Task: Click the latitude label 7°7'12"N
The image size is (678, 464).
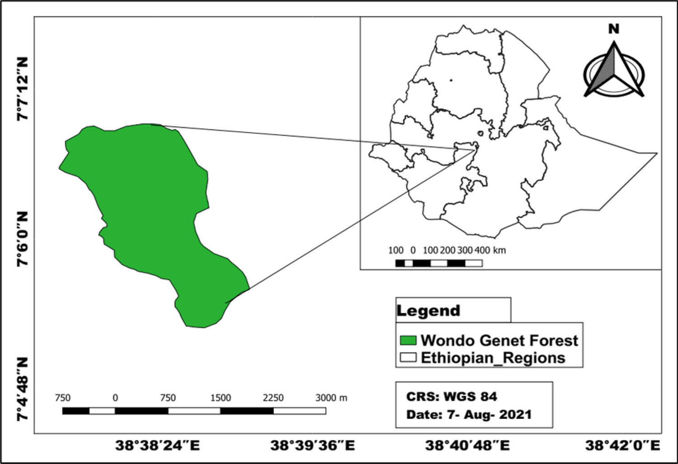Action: (x=23, y=89)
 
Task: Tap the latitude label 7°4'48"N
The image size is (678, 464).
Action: (x=23, y=389)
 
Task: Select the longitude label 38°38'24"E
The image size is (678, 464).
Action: (x=157, y=446)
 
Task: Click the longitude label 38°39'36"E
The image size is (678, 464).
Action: (x=313, y=446)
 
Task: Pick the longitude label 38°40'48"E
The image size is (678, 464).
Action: (x=467, y=446)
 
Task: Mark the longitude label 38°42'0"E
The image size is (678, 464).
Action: (x=622, y=446)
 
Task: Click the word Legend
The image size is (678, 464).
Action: (x=428, y=311)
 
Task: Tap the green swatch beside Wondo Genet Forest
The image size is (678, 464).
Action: (x=408, y=340)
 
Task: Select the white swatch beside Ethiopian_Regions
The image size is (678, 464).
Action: (x=408, y=358)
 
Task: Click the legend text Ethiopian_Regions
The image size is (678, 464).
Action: (x=493, y=358)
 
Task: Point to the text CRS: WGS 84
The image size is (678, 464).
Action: (x=451, y=397)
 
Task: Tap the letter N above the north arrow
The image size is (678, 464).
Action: (x=613, y=29)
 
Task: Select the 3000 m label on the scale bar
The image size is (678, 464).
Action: (x=331, y=398)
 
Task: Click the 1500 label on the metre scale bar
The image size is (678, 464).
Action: (x=220, y=398)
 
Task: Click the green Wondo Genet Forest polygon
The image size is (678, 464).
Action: (x=149, y=204)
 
